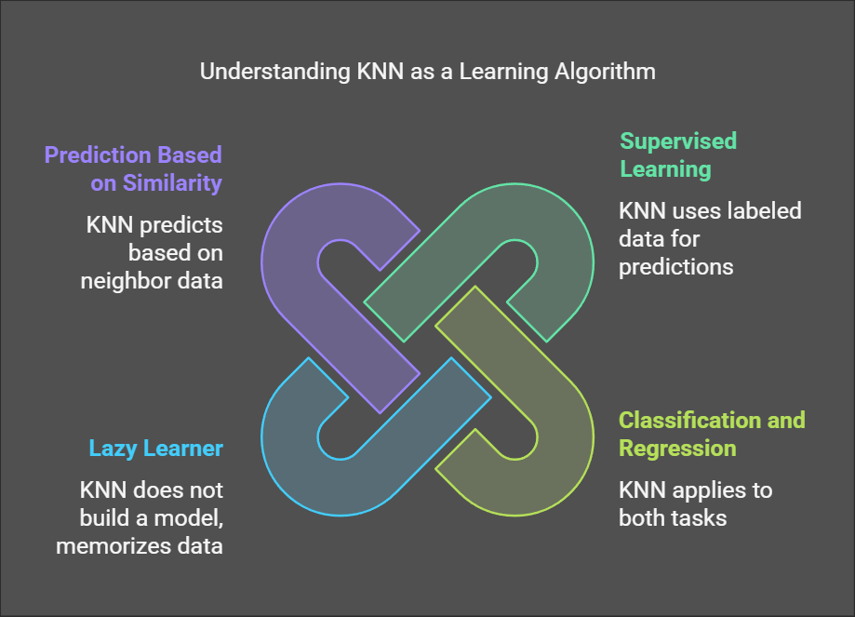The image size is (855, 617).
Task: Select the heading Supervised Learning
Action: [x=677, y=155]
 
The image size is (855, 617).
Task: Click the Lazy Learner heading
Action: [x=155, y=449]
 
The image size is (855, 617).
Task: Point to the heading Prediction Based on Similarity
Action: [x=133, y=168]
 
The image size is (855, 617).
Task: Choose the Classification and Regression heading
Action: [x=712, y=434]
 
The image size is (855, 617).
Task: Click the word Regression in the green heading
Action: [x=677, y=448]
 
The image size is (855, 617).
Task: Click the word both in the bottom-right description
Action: [x=642, y=517]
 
